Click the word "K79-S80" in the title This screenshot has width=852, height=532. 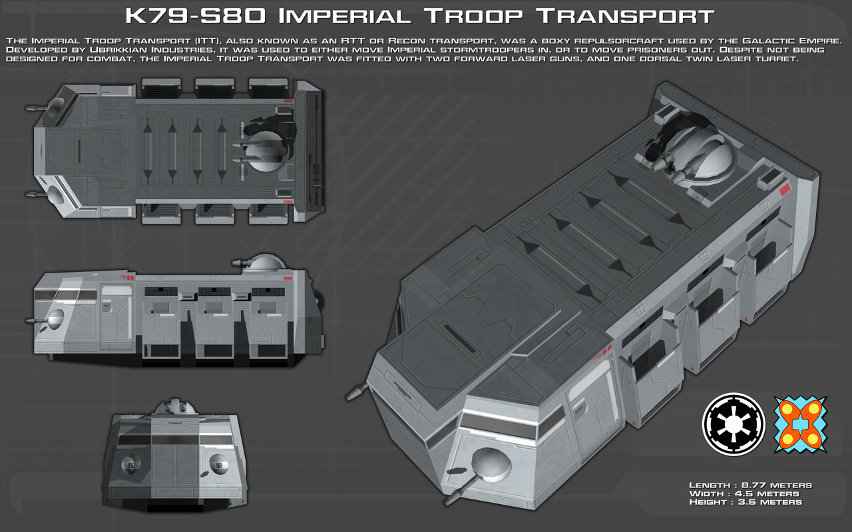[x=195, y=16]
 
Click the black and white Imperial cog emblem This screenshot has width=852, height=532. [x=734, y=424]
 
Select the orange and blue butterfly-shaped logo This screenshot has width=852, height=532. [x=801, y=424]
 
